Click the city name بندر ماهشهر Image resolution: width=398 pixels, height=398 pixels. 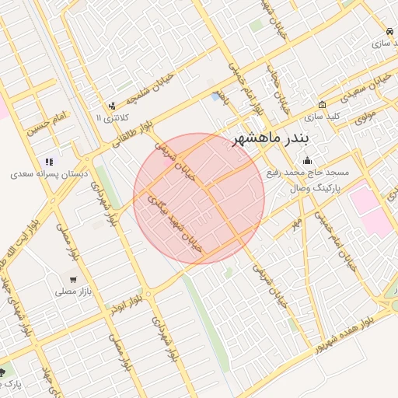pos(271,139)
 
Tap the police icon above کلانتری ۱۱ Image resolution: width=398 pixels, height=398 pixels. pos(113,105)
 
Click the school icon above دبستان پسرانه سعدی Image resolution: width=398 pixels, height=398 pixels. pos(48,162)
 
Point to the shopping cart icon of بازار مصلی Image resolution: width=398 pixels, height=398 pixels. pos(73,279)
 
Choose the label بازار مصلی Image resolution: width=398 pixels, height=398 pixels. pos(72,292)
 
